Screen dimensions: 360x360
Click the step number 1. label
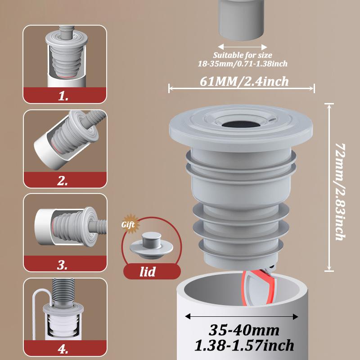pyautogui.click(x=63, y=96)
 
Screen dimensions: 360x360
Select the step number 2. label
pyautogui.click(x=63, y=181)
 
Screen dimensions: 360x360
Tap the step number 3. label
pyautogui.click(x=63, y=265)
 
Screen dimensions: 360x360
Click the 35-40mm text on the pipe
pyautogui.click(x=244, y=330)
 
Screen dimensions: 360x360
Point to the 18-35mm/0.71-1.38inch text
pyautogui.click(x=243, y=64)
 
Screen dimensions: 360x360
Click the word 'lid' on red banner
pyautogui.click(x=148, y=272)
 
